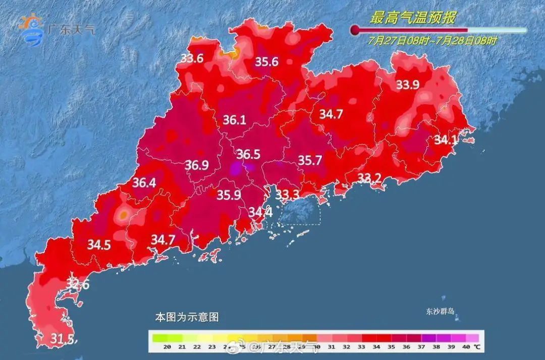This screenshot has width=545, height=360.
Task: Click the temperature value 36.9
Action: [x=197, y=165]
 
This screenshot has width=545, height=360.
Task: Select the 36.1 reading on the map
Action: [x=234, y=120]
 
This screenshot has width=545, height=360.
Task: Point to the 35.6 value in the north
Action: [x=266, y=62]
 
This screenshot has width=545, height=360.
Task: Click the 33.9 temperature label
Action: [x=408, y=85]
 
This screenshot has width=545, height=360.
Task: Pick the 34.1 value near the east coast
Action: [x=446, y=140]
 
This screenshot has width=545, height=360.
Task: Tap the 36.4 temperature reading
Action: [x=144, y=183]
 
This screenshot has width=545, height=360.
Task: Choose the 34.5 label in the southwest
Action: [x=99, y=245]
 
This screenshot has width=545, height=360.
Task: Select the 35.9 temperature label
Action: [x=229, y=195]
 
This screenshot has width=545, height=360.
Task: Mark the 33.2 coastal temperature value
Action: [x=370, y=178]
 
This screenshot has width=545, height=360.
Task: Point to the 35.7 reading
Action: [x=310, y=161]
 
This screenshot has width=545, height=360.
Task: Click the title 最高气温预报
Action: [x=413, y=19]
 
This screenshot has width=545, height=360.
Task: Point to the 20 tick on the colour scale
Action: [x=167, y=347]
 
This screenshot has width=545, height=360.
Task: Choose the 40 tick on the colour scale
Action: [x=466, y=347]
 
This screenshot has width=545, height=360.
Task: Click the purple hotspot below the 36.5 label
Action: [x=236, y=169]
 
